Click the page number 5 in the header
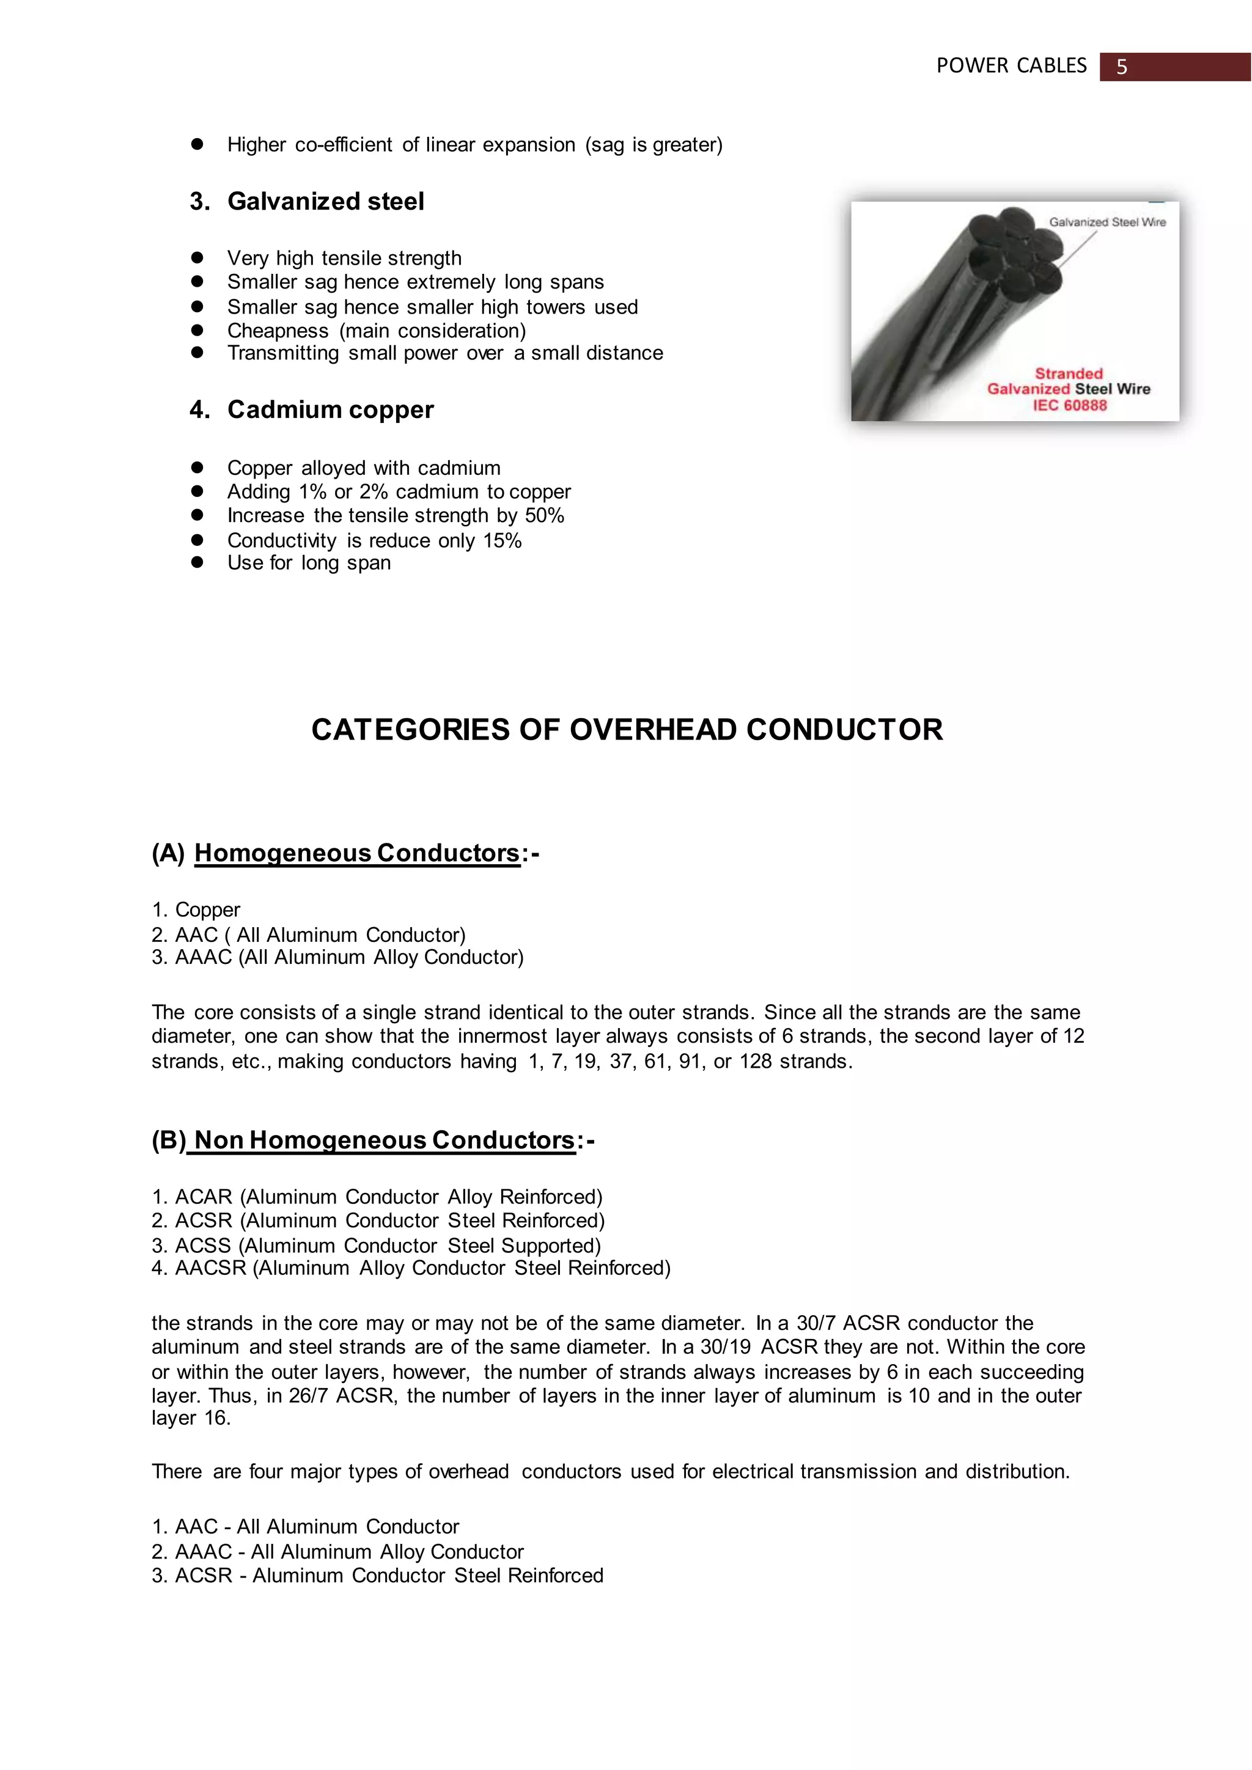[x=1122, y=67]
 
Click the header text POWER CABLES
[x=1011, y=66]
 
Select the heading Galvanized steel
[x=325, y=201]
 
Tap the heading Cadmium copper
[x=330, y=409]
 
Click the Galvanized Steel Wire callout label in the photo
[x=1107, y=222]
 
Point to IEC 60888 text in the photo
[x=1069, y=405]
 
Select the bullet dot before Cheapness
[x=197, y=330]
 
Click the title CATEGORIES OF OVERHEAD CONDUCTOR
[x=627, y=729]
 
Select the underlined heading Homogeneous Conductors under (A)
[x=357, y=853]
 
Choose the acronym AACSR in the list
[x=210, y=1268]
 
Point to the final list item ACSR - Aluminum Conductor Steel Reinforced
[x=378, y=1576]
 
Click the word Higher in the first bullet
[x=256, y=145]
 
